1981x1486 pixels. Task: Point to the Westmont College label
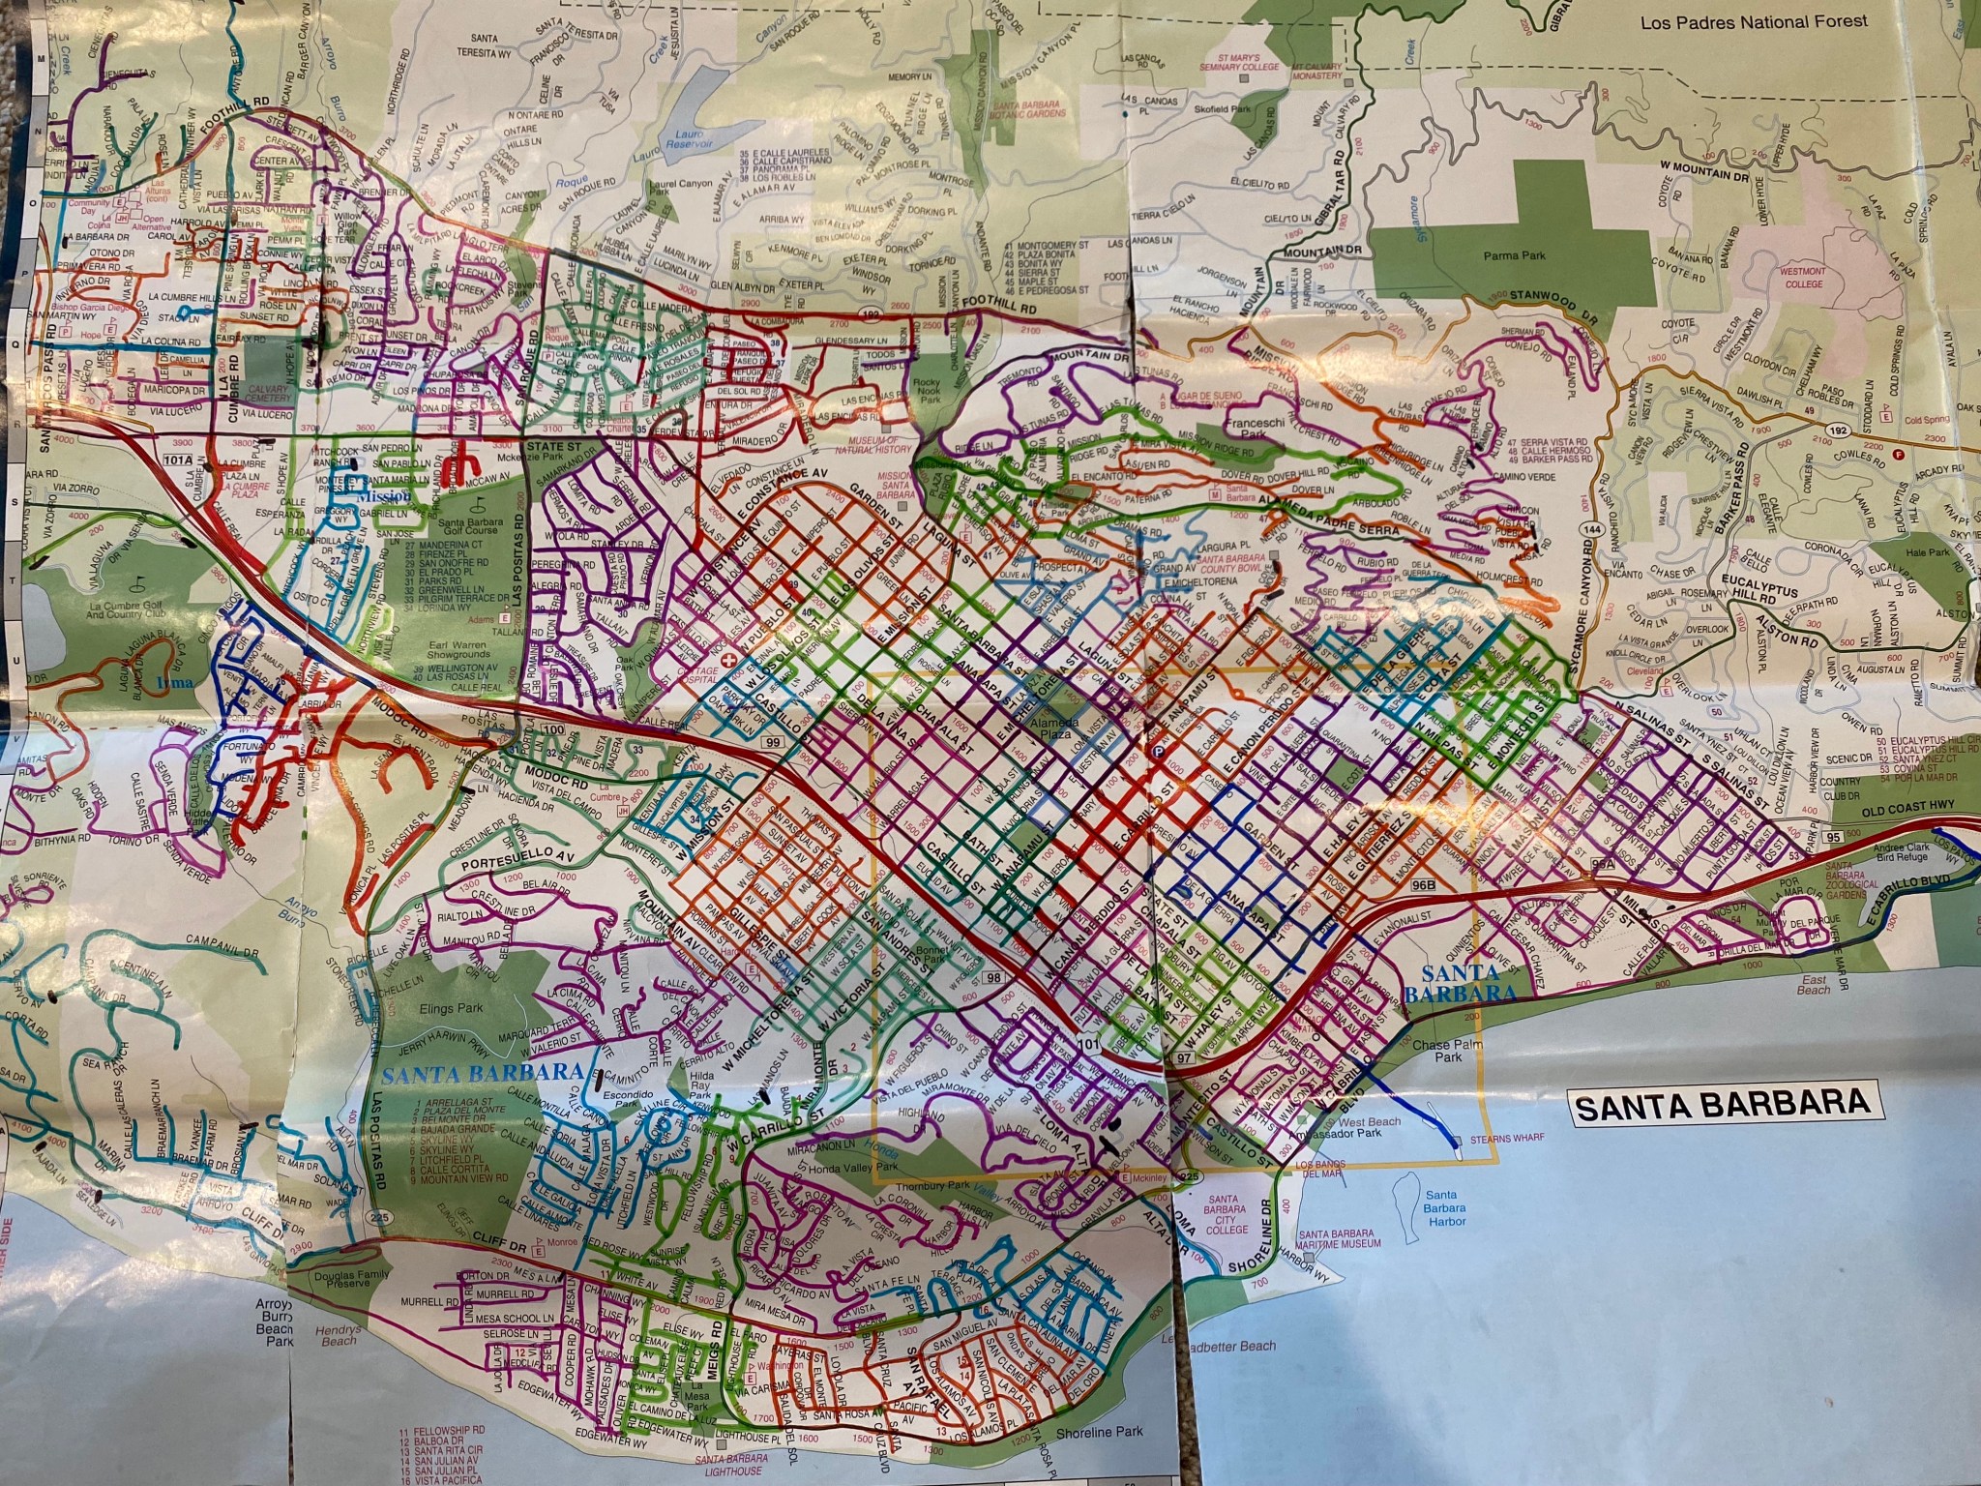click(x=1794, y=278)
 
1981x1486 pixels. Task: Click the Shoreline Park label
click(x=1102, y=1433)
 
